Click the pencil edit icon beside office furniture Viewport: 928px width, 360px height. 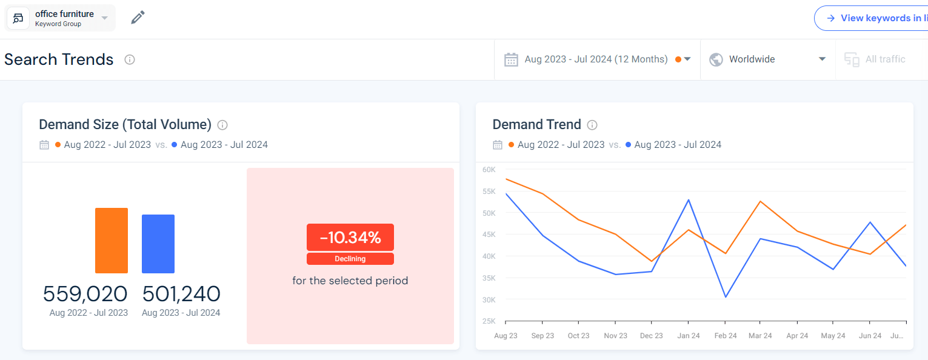click(x=138, y=18)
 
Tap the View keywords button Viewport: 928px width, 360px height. click(x=873, y=18)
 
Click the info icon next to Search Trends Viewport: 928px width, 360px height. click(x=130, y=59)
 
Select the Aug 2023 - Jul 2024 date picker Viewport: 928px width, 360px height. click(x=597, y=59)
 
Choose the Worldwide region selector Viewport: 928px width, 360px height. click(x=768, y=59)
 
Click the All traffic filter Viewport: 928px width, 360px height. click(x=878, y=59)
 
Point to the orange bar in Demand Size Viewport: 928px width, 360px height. click(x=112, y=241)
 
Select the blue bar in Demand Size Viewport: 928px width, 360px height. click(x=158, y=244)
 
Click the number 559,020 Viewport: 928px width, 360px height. click(x=85, y=294)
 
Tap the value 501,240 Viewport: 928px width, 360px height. click(x=181, y=294)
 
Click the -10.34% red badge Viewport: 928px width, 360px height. click(x=350, y=238)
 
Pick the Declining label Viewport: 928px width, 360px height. click(x=350, y=259)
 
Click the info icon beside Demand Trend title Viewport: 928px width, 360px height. click(x=592, y=125)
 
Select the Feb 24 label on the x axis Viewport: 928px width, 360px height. click(x=724, y=336)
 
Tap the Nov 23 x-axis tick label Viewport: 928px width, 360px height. click(x=615, y=336)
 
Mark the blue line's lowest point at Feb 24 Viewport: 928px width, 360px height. click(x=725, y=297)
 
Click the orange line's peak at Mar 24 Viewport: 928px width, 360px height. click(x=760, y=201)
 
